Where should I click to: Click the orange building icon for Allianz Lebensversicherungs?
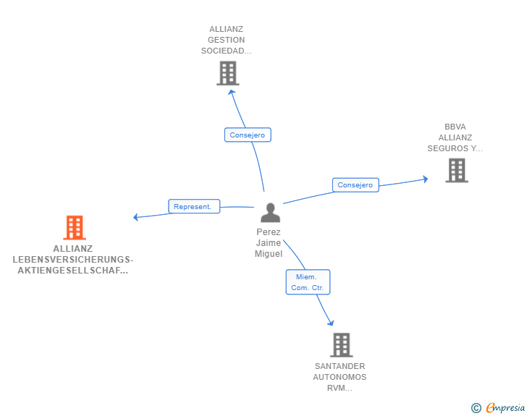pyautogui.click(x=74, y=227)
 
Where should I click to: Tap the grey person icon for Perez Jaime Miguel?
pyautogui.click(x=270, y=213)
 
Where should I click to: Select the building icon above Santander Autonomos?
pyautogui.click(x=342, y=345)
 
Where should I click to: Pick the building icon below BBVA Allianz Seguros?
pyautogui.click(x=456, y=170)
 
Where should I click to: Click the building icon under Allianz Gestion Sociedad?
pyautogui.click(x=227, y=73)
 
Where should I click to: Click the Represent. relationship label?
pyautogui.click(x=193, y=206)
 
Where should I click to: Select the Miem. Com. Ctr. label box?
pyautogui.click(x=308, y=281)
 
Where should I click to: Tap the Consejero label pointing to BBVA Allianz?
pyautogui.click(x=355, y=185)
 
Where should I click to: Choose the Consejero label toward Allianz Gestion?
pyautogui.click(x=248, y=135)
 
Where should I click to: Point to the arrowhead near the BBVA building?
pyautogui.click(x=424, y=178)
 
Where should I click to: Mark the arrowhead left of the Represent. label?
pyautogui.click(x=137, y=216)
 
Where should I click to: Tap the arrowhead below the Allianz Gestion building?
pyautogui.click(x=231, y=92)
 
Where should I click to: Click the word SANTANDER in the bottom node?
pyautogui.click(x=340, y=366)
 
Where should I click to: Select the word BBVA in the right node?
pyautogui.click(x=455, y=127)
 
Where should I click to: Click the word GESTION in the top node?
pyautogui.click(x=226, y=40)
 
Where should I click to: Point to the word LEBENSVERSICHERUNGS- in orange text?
pyautogui.click(x=73, y=259)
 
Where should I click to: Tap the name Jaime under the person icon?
pyautogui.click(x=269, y=243)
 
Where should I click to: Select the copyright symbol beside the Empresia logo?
pyautogui.click(x=476, y=408)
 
